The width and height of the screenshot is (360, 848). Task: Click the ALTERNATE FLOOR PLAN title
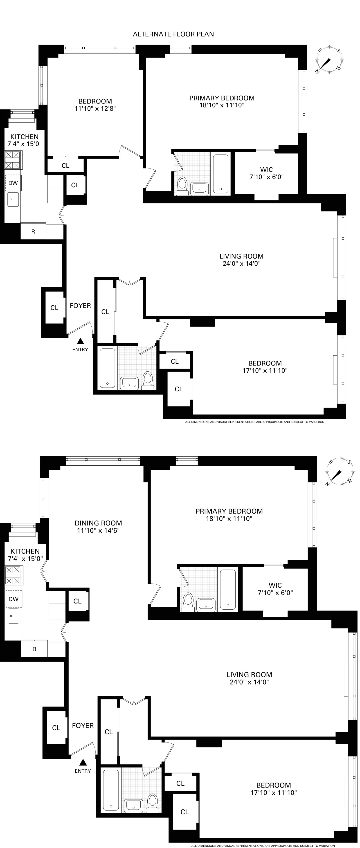[x=173, y=34]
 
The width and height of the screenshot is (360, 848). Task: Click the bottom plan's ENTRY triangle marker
[x=83, y=762]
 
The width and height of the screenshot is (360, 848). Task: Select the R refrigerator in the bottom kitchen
[x=34, y=649]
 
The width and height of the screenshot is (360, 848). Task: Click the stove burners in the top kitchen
[x=13, y=160]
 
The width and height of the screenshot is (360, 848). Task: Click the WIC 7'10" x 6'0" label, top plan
[x=266, y=173]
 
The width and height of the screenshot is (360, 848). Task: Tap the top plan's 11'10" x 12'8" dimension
[x=95, y=109]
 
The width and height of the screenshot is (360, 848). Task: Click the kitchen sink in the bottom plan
[x=13, y=615]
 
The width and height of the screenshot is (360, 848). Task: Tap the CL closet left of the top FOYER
[x=54, y=307]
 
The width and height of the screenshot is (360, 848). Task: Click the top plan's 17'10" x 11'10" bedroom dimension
[x=265, y=370]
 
